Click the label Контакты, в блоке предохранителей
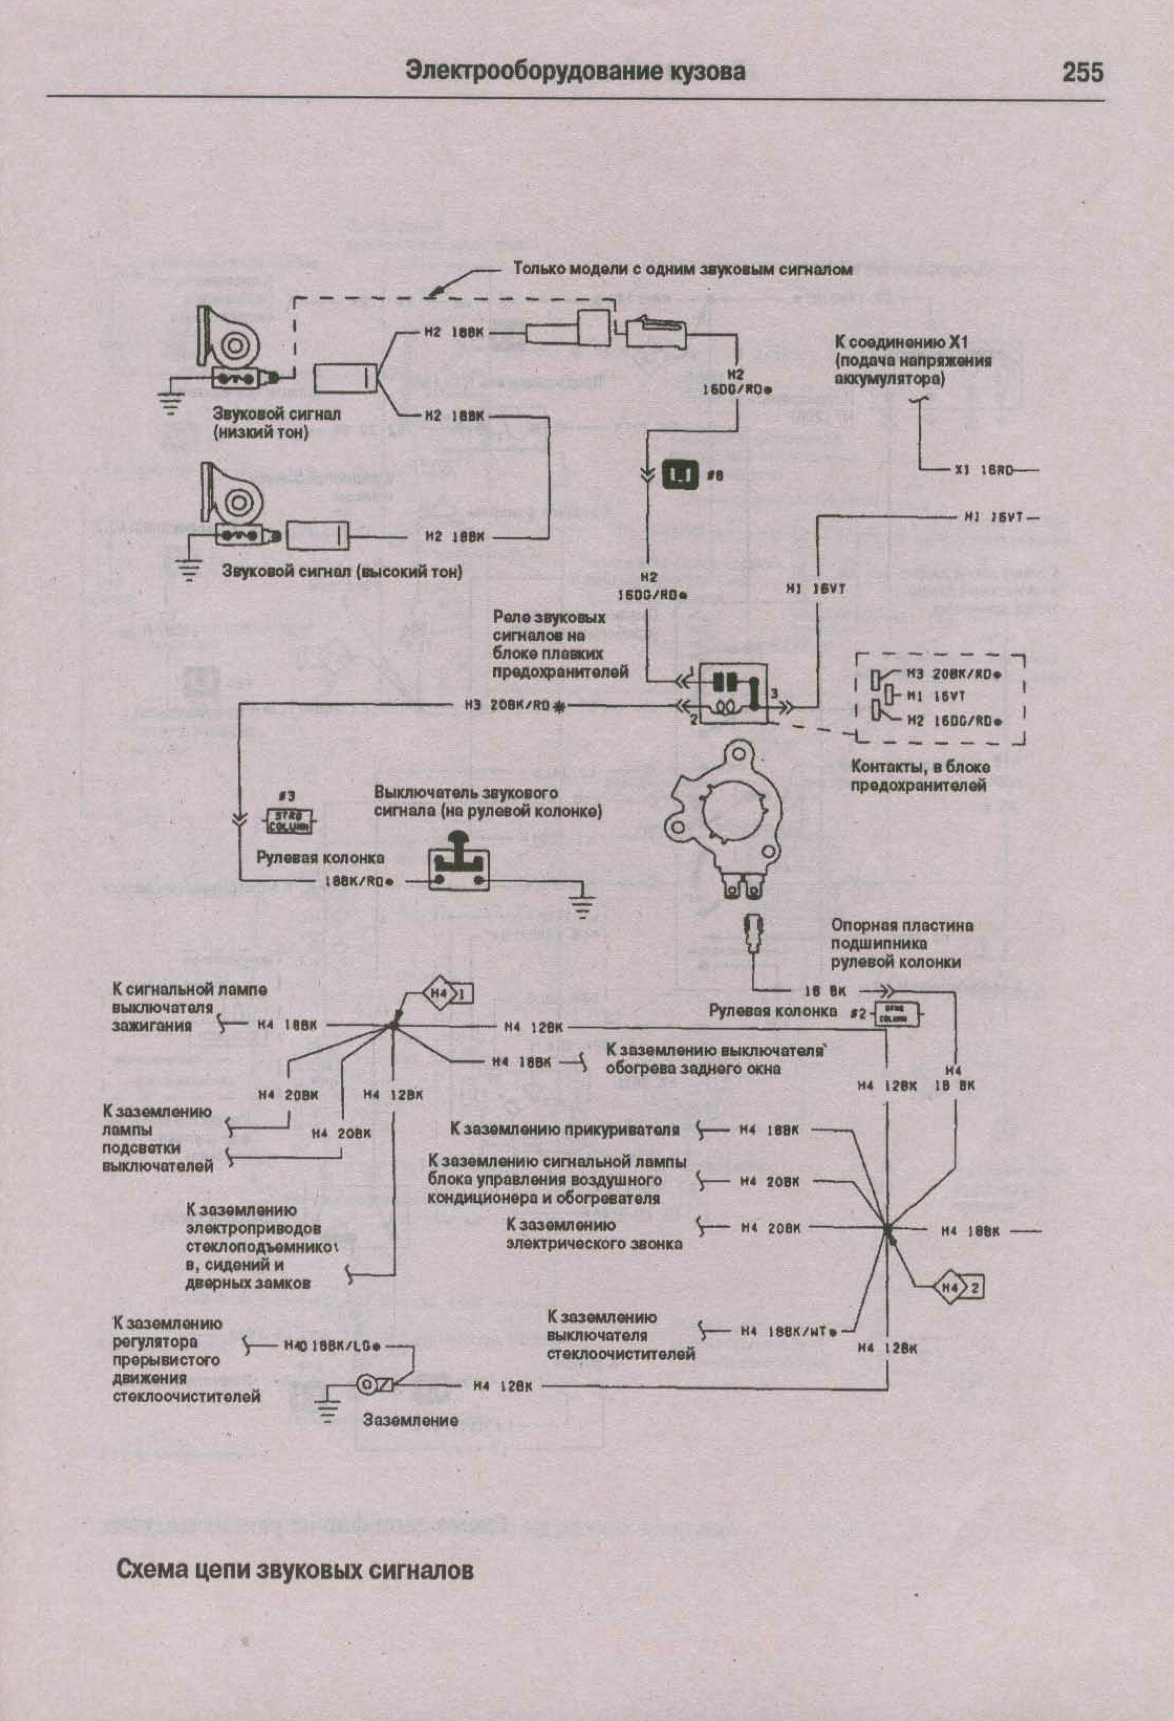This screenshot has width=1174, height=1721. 919,775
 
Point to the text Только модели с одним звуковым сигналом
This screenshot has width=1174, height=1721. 683,269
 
